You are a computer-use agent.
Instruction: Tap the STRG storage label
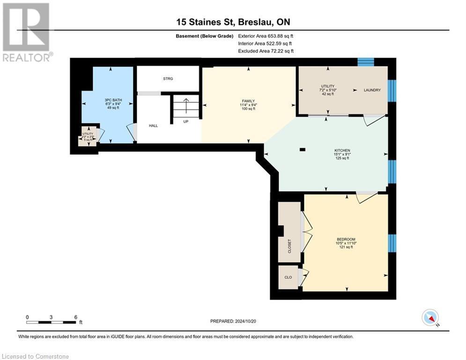pyautogui.click(x=168, y=79)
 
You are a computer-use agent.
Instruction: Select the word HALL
pyautogui.click(x=153, y=126)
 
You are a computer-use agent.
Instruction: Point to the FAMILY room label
pyautogui.click(x=248, y=101)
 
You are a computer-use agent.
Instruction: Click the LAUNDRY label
pyautogui.click(x=373, y=90)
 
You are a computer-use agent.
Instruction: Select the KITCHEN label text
pyautogui.click(x=342, y=150)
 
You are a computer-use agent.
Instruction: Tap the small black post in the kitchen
pyautogui.click(x=302, y=150)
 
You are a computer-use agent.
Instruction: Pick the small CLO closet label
pyautogui.click(x=288, y=277)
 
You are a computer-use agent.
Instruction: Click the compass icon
pyautogui.click(x=429, y=317)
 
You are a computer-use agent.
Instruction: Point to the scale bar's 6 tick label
pyautogui.click(x=75, y=316)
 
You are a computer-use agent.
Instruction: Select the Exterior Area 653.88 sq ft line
pyautogui.click(x=266, y=36)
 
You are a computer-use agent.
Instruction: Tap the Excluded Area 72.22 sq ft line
pyautogui.click(x=266, y=51)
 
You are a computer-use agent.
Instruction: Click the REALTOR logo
pyautogui.click(x=27, y=32)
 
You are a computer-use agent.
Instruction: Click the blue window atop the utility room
pyautogui.click(x=366, y=61)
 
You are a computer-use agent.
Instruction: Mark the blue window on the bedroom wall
pyautogui.click(x=392, y=243)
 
